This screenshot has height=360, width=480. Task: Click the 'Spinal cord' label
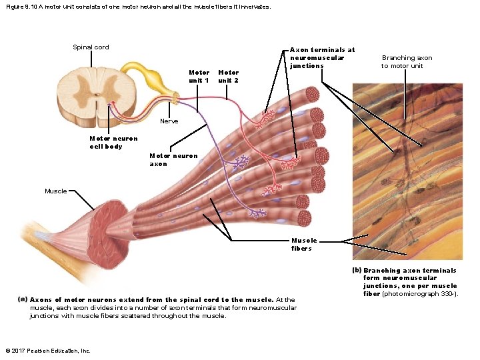[91, 47]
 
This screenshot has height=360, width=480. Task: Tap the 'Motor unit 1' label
[199, 76]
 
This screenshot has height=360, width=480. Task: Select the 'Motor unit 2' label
[228, 76]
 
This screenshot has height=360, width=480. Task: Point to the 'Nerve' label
[169, 121]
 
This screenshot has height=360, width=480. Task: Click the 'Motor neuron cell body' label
[104, 143]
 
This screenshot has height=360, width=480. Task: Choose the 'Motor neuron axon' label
[173, 160]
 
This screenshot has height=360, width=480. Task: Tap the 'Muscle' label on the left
[56, 191]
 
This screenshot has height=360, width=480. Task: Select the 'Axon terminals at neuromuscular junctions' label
[322, 57]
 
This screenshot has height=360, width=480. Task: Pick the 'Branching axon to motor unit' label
[407, 62]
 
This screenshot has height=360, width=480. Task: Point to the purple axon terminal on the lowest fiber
[257, 213]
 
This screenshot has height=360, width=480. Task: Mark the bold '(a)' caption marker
[23, 300]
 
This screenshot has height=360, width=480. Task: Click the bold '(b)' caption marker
[357, 270]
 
